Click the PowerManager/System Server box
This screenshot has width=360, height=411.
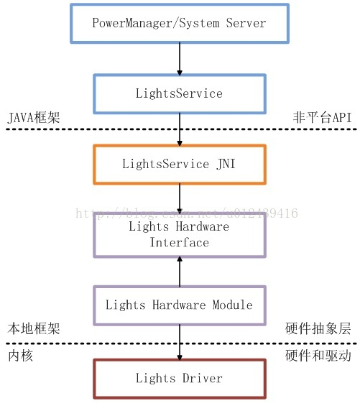(179, 22)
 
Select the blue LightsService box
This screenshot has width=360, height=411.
(179, 93)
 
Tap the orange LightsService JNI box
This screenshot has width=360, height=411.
(179, 164)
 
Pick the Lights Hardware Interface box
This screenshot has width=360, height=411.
(179, 234)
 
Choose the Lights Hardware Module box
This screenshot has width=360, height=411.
(179, 305)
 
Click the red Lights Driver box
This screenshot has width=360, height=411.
(179, 378)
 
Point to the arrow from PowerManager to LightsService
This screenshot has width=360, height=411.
(179, 58)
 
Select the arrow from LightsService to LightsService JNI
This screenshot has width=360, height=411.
(179, 129)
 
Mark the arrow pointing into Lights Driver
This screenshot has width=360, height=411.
(179, 341)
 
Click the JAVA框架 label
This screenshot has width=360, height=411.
(32, 117)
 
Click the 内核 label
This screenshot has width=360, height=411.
(20, 356)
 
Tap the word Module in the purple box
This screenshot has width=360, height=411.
(231, 305)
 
